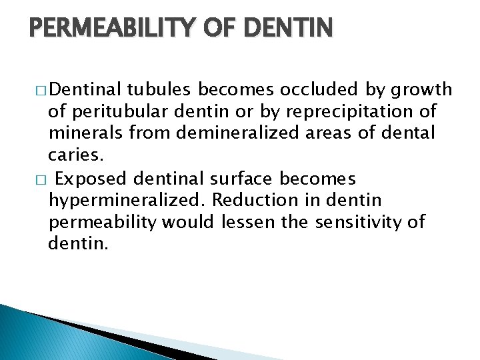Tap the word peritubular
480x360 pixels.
[115, 111]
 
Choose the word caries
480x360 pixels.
[75, 155]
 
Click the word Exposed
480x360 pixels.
[92, 179]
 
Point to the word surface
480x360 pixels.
[241, 179]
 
